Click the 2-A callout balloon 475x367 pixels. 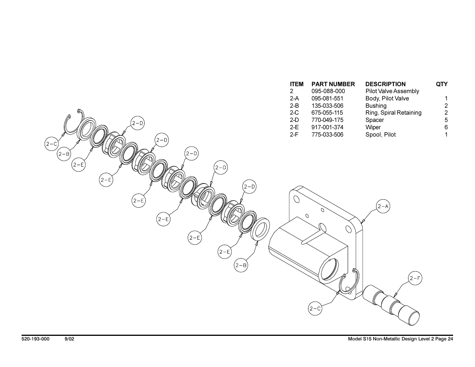(383, 206)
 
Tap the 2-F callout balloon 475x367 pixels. (415, 278)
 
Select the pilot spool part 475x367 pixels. (391, 305)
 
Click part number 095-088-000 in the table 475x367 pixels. (328, 91)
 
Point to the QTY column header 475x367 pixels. (442, 84)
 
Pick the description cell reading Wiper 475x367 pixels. (373, 127)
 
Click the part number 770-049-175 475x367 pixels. (327, 120)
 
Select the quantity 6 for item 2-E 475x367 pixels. (446, 127)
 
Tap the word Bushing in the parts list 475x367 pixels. (376, 106)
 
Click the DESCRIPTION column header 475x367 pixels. (385, 84)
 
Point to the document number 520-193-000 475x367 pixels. (35, 339)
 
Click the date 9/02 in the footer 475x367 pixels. (69, 339)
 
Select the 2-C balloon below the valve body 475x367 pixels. (315, 309)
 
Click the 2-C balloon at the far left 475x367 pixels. (52, 144)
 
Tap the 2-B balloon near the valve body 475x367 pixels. (241, 265)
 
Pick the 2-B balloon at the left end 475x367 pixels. (64, 154)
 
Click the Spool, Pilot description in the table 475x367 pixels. (380, 135)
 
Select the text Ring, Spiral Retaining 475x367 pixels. (393, 113)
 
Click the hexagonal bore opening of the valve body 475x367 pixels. (328, 270)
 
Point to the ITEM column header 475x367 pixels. (297, 84)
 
